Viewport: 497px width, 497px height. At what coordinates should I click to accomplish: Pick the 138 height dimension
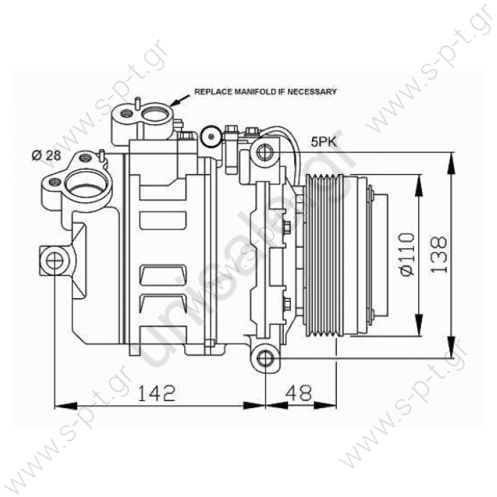(438, 255)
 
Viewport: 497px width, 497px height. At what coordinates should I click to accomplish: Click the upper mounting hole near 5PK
(264, 152)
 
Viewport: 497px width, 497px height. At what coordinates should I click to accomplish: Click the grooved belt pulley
(324, 255)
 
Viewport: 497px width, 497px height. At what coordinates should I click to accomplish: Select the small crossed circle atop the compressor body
(208, 139)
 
